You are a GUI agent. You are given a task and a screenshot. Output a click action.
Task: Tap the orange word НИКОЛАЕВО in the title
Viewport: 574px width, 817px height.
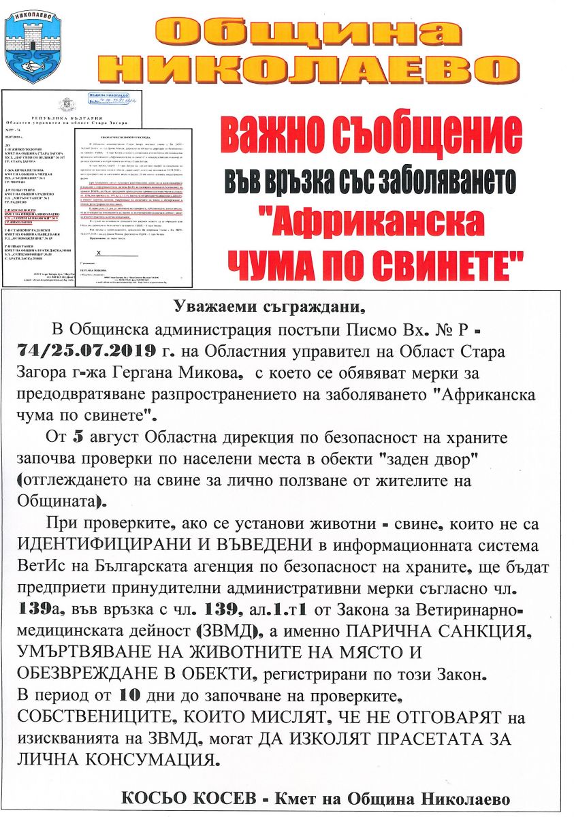(x=313, y=69)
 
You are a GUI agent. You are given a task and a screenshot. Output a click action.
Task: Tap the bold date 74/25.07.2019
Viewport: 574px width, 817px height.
(x=92, y=351)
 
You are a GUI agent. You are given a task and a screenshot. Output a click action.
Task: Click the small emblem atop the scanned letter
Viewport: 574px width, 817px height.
(x=65, y=105)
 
